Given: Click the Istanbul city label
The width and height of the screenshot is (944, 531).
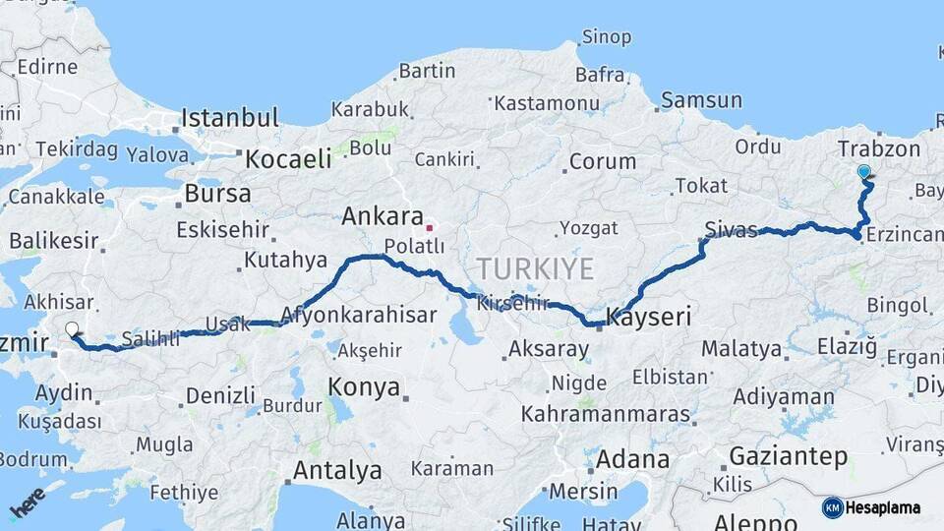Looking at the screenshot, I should (x=229, y=119).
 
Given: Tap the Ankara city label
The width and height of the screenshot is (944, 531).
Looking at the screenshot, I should (x=382, y=217).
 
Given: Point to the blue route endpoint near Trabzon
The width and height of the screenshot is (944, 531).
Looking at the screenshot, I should (x=863, y=172).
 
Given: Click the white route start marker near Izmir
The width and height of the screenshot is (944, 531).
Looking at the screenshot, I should (x=72, y=330).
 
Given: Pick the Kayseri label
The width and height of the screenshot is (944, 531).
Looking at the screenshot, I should (x=649, y=317).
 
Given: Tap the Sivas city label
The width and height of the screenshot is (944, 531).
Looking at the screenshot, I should (x=731, y=231).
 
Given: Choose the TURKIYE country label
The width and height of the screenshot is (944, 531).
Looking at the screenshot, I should (x=535, y=268).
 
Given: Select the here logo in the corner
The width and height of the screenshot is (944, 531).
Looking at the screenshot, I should (x=27, y=502).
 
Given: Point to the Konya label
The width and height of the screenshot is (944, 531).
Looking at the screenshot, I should (x=364, y=386).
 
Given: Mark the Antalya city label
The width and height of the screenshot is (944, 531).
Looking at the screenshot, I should (x=337, y=470).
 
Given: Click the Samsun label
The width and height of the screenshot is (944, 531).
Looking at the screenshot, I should (x=701, y=100).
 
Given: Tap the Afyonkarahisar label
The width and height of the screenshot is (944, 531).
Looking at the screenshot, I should (x=358, y=316).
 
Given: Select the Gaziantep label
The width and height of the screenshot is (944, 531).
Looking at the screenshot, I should (x=788, y=456).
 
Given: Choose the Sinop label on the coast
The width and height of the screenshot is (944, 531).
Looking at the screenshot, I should (x=606, y=37).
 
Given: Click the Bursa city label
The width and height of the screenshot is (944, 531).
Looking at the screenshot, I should (x=217, y=194).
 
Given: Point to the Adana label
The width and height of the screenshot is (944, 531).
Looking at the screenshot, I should (x=632, y=459).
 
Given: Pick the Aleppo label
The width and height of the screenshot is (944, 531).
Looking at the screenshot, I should (x=754, y=521).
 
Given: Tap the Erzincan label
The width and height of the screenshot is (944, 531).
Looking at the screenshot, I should (x=904, y=235).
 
